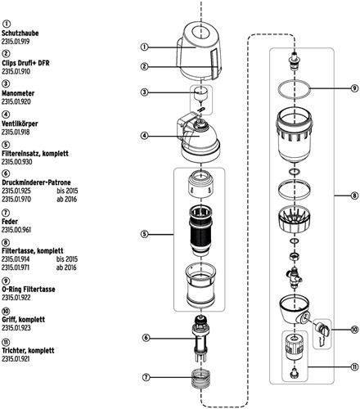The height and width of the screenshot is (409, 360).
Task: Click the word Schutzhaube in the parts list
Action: pyautogui.click(x=20, y=34)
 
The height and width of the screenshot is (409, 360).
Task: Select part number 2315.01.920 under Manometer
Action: pyautogui.click(x=16, y=101)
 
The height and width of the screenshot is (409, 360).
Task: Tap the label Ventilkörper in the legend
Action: pyautogui.click(x=20, y=124)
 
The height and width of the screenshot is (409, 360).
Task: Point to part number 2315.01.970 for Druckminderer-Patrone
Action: pyautogui.click(x=16, y=200)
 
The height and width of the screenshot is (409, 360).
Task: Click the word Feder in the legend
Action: pyautogui.click(x=10, y=222)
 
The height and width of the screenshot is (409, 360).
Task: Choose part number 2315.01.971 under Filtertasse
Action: pyautogui.click(x=16, y=267)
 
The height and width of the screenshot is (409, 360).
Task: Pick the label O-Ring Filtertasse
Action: pyautogui.click(x=29, y=290)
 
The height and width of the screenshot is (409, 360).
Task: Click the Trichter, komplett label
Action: pyautogui.click(x=28, y=350)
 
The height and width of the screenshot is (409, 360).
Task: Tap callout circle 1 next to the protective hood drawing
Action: pyautogui.click(x=145, y=47)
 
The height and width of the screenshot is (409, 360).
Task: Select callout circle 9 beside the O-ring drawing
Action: pyautogui.click(x=354, y=88)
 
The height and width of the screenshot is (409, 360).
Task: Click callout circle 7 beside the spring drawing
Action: pyautogui.click(x=146, y=377)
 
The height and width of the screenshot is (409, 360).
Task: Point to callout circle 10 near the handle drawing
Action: pyautogui.click(x=354, y=330)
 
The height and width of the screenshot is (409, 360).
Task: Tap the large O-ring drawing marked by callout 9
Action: pyautogui.click(x=294, y=88)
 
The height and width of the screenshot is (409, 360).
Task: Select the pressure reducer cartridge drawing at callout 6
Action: pyautogui.click(x=201, y=339)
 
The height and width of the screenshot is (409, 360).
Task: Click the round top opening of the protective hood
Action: pyautogui.click(x=201, y=34)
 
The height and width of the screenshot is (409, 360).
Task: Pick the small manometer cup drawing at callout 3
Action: pyautogui.click(x=201, y=94)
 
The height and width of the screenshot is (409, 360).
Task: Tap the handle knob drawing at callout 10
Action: pyautogui.click(x=323, y=329)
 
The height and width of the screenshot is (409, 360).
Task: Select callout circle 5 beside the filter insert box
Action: pyautogui.click(x=145, y=234)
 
